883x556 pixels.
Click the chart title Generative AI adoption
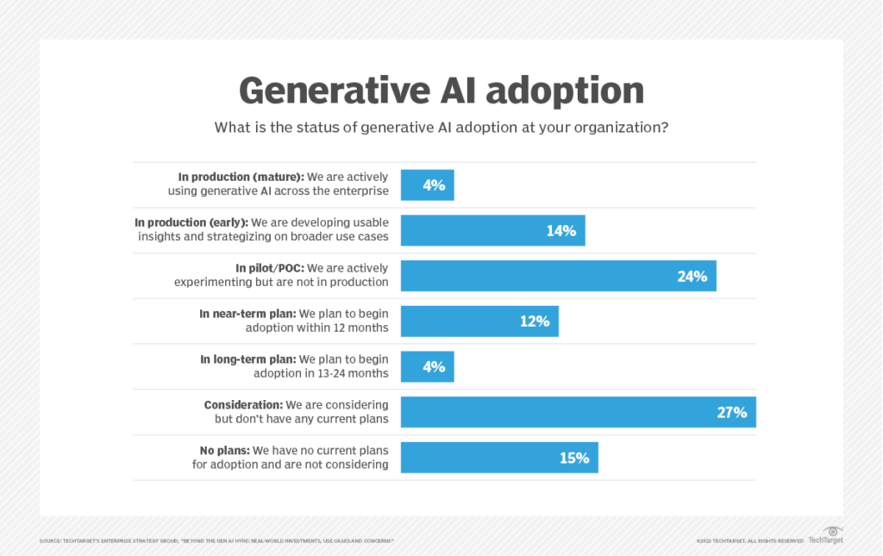coord(441,90)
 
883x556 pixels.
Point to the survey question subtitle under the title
coord(441,128)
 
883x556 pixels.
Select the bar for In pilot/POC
coord(558,276)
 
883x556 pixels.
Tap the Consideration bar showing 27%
coord(578,412)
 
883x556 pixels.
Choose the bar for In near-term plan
coord(479,321)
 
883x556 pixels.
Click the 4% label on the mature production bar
coord(434,185)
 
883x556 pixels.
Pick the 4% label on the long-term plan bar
coord(434,366)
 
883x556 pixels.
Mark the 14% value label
coord(560,231)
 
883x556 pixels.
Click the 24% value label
coord(692,276)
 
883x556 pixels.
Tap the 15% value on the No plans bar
coord(573,458)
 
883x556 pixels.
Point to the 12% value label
coord(534,321)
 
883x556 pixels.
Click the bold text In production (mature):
coord(236,178)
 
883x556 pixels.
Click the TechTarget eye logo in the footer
coord(832,532)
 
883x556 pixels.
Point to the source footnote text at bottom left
coord(216,540)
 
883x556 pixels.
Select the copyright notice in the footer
coord(749,540)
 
